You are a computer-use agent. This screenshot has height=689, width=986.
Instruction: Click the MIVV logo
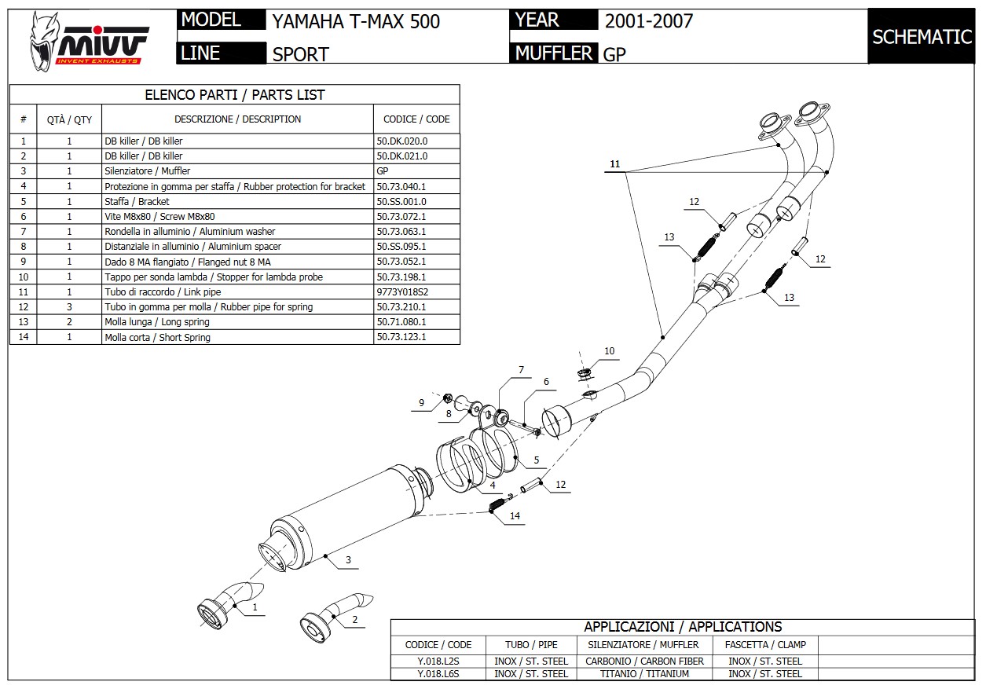pos(88,39)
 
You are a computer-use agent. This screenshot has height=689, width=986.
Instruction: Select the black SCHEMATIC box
pos(922,37)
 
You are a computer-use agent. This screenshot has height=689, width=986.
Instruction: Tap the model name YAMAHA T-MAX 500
pos(356,21)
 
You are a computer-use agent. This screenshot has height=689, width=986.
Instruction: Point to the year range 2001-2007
pos(649,21)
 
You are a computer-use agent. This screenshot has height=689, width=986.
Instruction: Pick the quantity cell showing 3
pos(69,307)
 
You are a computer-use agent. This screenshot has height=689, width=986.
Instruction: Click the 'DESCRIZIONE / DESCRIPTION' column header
pos(237,119)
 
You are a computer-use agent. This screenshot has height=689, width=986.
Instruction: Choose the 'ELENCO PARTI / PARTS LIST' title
pos(235,95)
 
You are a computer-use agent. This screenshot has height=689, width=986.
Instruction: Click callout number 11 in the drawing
pos(614,164)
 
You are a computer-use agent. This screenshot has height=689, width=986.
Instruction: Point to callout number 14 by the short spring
pos(514,516)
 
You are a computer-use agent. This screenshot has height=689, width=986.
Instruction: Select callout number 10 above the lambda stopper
pos(610,351)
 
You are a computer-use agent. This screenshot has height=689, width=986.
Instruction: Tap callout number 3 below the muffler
pos(347,560)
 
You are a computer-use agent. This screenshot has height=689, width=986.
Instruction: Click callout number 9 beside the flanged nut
pos(421,403)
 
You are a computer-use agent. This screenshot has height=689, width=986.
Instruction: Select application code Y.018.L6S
pos(438,673)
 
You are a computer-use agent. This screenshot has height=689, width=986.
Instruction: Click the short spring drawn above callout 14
pos(497,504)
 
